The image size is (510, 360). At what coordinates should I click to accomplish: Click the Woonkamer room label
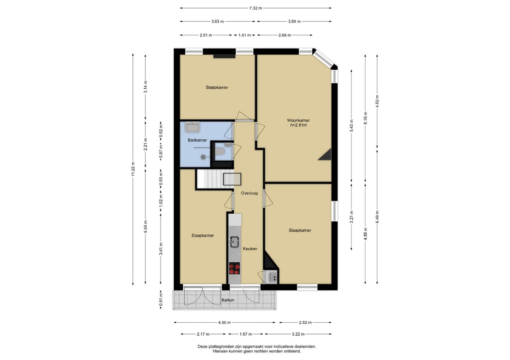(x=298, y=120)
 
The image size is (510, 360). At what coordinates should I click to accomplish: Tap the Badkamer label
(x=197, y=140)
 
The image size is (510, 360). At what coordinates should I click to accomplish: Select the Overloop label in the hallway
(x=249, y=193)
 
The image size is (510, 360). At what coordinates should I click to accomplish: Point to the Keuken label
(x=250, y=249)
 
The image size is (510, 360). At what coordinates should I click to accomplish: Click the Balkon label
(x=228, y=300)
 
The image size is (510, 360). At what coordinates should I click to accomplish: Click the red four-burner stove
(x=235, y=268)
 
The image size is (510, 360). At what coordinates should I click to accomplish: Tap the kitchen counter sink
(x=234, y=241)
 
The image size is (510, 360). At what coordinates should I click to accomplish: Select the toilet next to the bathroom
(x=220, y=151)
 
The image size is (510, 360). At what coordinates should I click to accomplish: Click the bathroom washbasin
(x=192, y=127)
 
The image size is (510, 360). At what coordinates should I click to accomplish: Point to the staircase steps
(x=210, y=179)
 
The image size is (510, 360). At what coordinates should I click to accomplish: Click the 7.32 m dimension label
(x=255, y=8)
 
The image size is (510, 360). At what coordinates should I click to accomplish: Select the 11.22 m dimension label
(x=133, y=169)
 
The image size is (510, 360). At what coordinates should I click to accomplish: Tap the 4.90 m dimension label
(x=224, y=323)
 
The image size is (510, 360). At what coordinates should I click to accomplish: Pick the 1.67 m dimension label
(x=246, y=334)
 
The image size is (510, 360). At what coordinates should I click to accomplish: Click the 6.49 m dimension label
(x=377, y=217)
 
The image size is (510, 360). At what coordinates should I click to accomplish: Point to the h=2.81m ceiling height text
(x=298, y=125)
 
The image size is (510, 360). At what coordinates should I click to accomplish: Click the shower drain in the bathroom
(x=203, y=157)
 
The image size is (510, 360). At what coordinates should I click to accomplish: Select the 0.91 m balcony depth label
(x=161, y=300)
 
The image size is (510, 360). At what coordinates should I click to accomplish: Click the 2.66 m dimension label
(x=285, y=35)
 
